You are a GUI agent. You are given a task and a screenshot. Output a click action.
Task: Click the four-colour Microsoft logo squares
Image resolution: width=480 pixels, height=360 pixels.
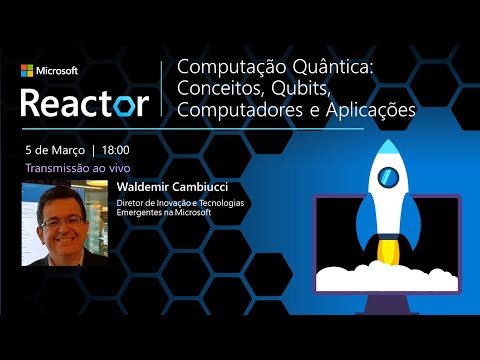point(27,71)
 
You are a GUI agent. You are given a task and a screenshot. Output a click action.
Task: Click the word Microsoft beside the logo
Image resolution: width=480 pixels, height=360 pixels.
point(57,71)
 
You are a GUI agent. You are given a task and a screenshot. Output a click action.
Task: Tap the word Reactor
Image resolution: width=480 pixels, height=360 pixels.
point(85,102)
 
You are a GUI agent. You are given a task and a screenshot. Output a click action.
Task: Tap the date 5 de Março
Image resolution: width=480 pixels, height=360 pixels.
point(55,149)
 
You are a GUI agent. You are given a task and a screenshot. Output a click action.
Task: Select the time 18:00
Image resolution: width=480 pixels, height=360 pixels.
point(114,149)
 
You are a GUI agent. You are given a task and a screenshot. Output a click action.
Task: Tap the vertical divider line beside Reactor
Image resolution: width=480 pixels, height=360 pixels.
point(161,89)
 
